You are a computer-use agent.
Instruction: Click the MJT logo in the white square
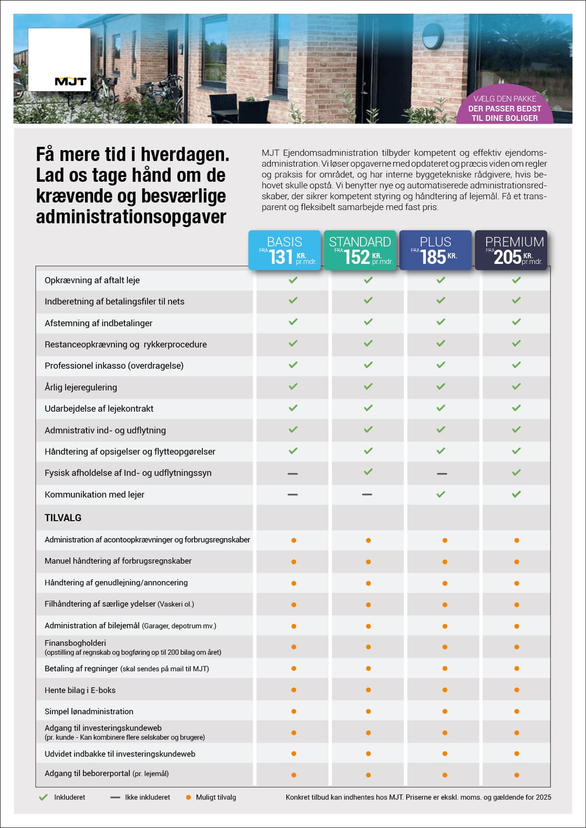[x=70, y=82]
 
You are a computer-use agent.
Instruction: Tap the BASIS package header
[x=284, y=242]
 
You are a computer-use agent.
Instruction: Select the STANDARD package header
[x=360, y=242]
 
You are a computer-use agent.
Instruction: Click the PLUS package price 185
[x=433, y=257]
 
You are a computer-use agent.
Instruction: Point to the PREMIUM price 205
[x=508, y=257]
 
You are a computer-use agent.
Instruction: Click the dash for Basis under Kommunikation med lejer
[x=293, y=495]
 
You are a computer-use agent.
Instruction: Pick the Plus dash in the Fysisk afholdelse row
[x=442, y=473]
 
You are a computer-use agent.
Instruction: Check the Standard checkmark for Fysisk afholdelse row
[x=368, y=472]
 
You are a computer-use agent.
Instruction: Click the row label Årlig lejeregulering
[x=81, y=388]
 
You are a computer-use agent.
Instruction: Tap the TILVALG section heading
[x=63, y=518]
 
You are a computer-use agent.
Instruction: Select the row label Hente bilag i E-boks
[x=80, y=690]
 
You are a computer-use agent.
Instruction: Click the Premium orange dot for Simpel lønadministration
[x=517, y=711]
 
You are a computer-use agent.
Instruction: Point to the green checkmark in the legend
[x=43, y=797]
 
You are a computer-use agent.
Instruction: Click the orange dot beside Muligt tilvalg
[x=189, y=797]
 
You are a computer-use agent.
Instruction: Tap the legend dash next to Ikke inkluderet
[x=115, y=797]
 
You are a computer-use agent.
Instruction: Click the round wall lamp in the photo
[x=433, y=37]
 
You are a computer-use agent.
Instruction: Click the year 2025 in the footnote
[x=543, y=797]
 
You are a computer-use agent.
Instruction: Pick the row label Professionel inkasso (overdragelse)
[x=114, y=366]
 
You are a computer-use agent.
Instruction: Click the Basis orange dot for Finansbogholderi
[x=293, y=647]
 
